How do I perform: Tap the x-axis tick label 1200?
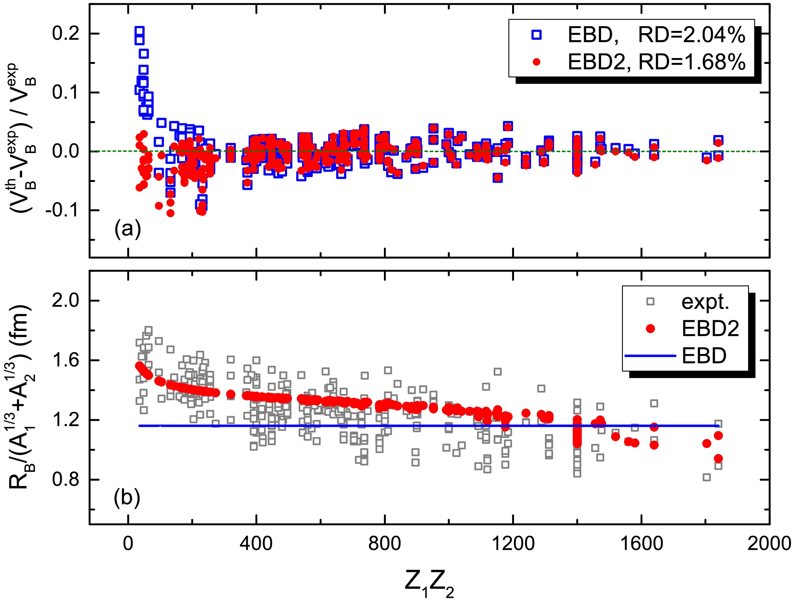512,544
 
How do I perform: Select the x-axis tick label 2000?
769,544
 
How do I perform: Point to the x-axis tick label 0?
128,544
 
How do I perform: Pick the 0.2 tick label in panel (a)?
65,34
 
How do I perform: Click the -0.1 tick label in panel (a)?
62,210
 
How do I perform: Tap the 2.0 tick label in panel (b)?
65,300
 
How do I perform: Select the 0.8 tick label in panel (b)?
65,479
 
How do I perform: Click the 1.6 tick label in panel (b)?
65,360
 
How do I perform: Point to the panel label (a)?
128,228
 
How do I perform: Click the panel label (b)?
127,498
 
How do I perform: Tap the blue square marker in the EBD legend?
536,34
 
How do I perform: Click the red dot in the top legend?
536,62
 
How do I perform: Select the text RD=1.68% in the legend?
691,62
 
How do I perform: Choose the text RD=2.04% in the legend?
691,35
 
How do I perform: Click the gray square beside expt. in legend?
650,302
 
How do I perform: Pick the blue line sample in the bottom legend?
650,356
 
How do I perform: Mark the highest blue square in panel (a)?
140,31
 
